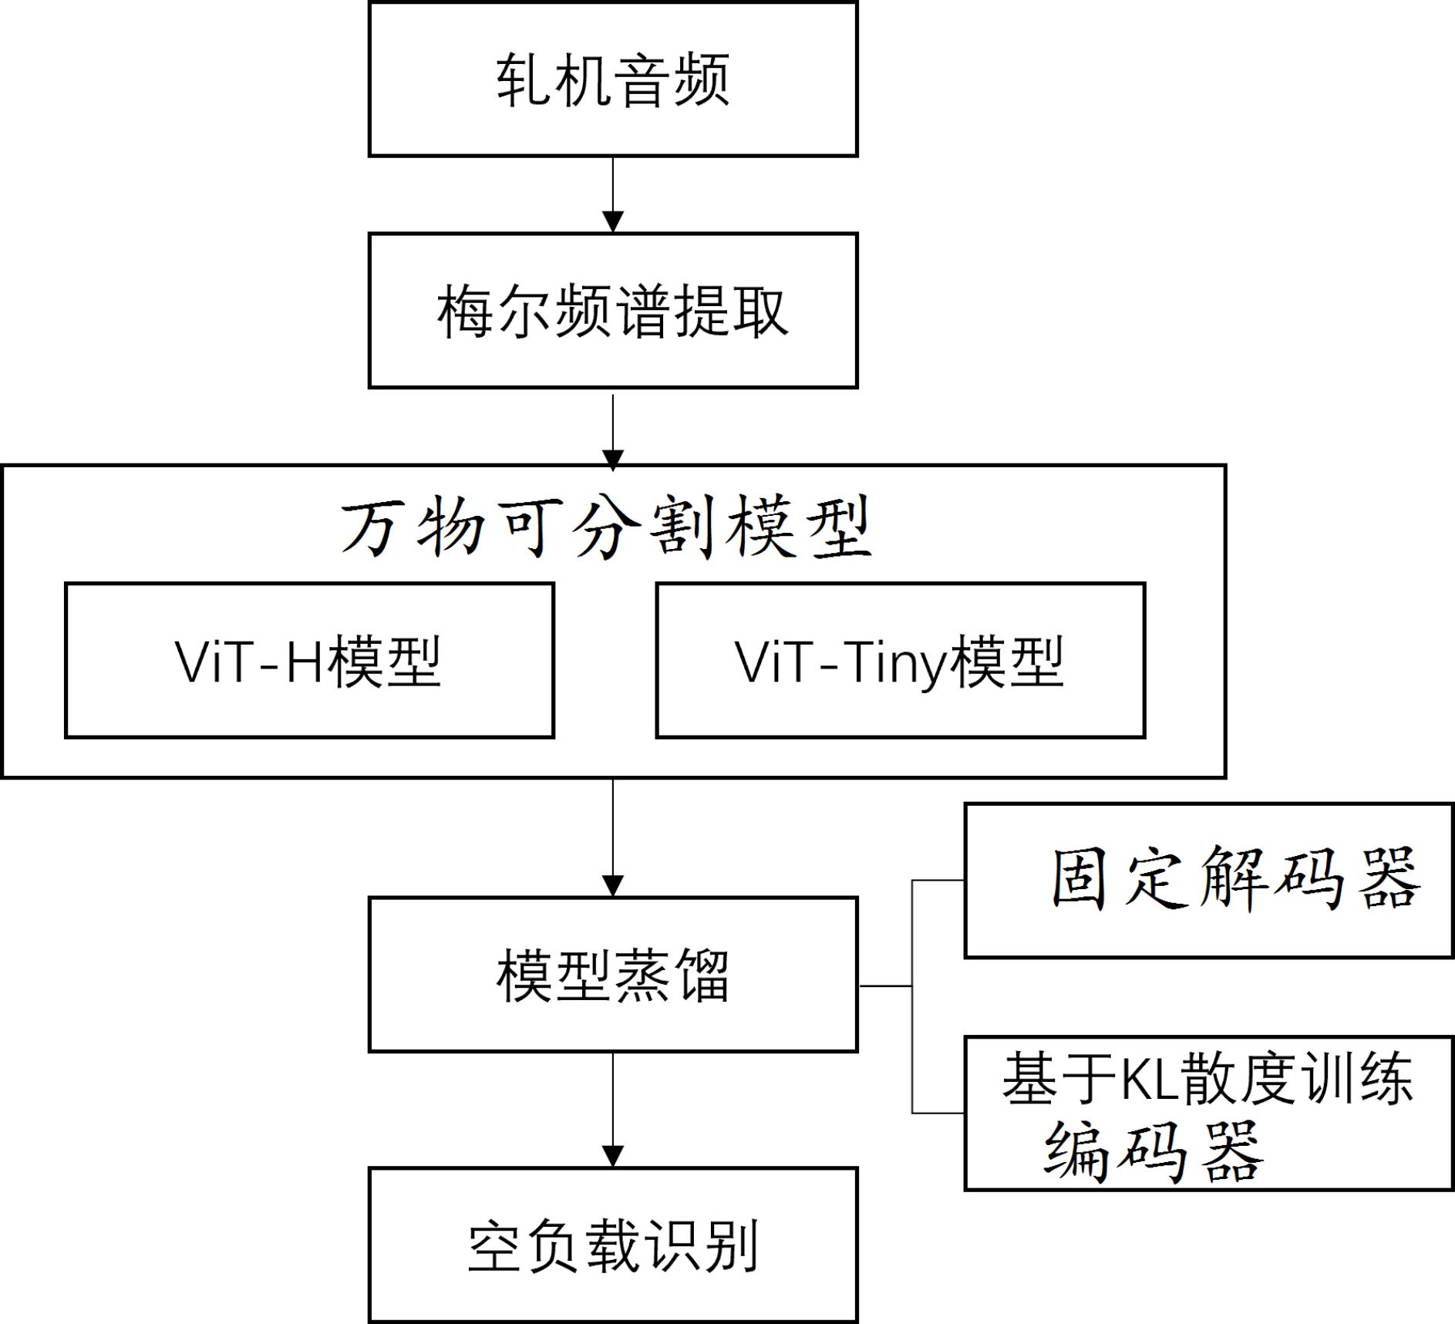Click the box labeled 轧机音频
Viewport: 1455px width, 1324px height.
(x=613, y=79)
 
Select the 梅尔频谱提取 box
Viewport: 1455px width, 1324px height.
(x=613, y=311)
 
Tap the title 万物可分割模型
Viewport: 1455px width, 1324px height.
(x=607, y=529)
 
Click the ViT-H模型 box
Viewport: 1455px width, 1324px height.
(x=309, y=661)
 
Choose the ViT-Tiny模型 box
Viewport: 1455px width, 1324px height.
(x=900, y=661)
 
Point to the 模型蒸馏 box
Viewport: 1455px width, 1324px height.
(x=613, y=974)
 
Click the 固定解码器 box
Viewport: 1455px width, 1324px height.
(x=1208, y=881)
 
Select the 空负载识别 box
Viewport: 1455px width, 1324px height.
(x=613, y=1245)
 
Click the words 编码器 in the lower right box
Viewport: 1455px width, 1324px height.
(x=1154, y=1152)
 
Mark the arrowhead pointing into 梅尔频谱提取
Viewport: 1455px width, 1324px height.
(x=612, y=222)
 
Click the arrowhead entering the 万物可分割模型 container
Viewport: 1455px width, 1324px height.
(x=612, y=460)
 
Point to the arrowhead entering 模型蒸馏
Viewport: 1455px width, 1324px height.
(x=612, y=885)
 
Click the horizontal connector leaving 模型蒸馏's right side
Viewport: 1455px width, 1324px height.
(x=884, y=985)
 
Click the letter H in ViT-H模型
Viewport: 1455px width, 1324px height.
(x=304, y=662)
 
